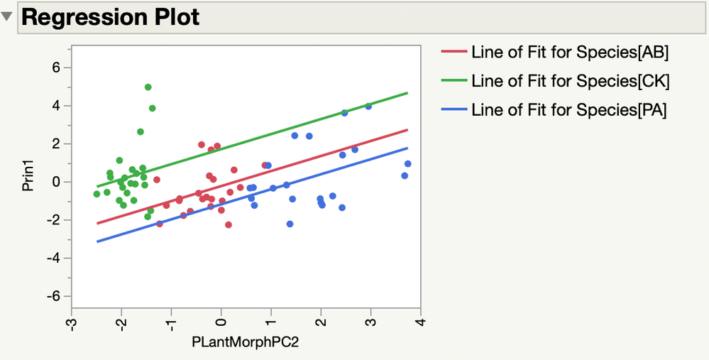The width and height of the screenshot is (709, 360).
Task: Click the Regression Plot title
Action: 110,17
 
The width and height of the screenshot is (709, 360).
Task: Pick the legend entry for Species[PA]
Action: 568,110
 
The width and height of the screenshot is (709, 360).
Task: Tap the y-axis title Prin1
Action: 28,182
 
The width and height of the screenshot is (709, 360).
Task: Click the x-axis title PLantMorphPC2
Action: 246,342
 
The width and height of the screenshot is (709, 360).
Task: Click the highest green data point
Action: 148,87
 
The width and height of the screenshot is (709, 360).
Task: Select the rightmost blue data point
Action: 407,164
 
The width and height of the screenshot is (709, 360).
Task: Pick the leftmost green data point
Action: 97,194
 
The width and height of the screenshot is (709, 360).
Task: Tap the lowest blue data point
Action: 290,224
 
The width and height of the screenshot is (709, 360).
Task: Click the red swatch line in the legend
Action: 454,52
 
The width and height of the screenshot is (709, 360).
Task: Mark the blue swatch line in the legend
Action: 454,110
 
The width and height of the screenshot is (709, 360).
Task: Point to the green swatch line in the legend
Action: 454,81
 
